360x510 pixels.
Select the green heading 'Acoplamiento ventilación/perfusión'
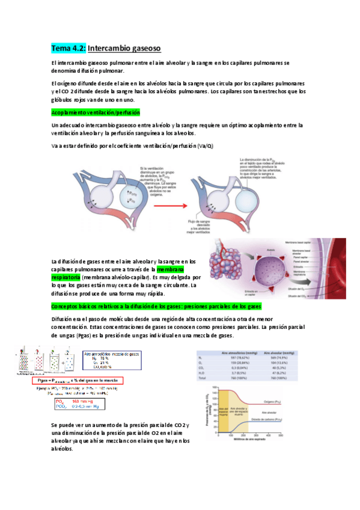96,112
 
